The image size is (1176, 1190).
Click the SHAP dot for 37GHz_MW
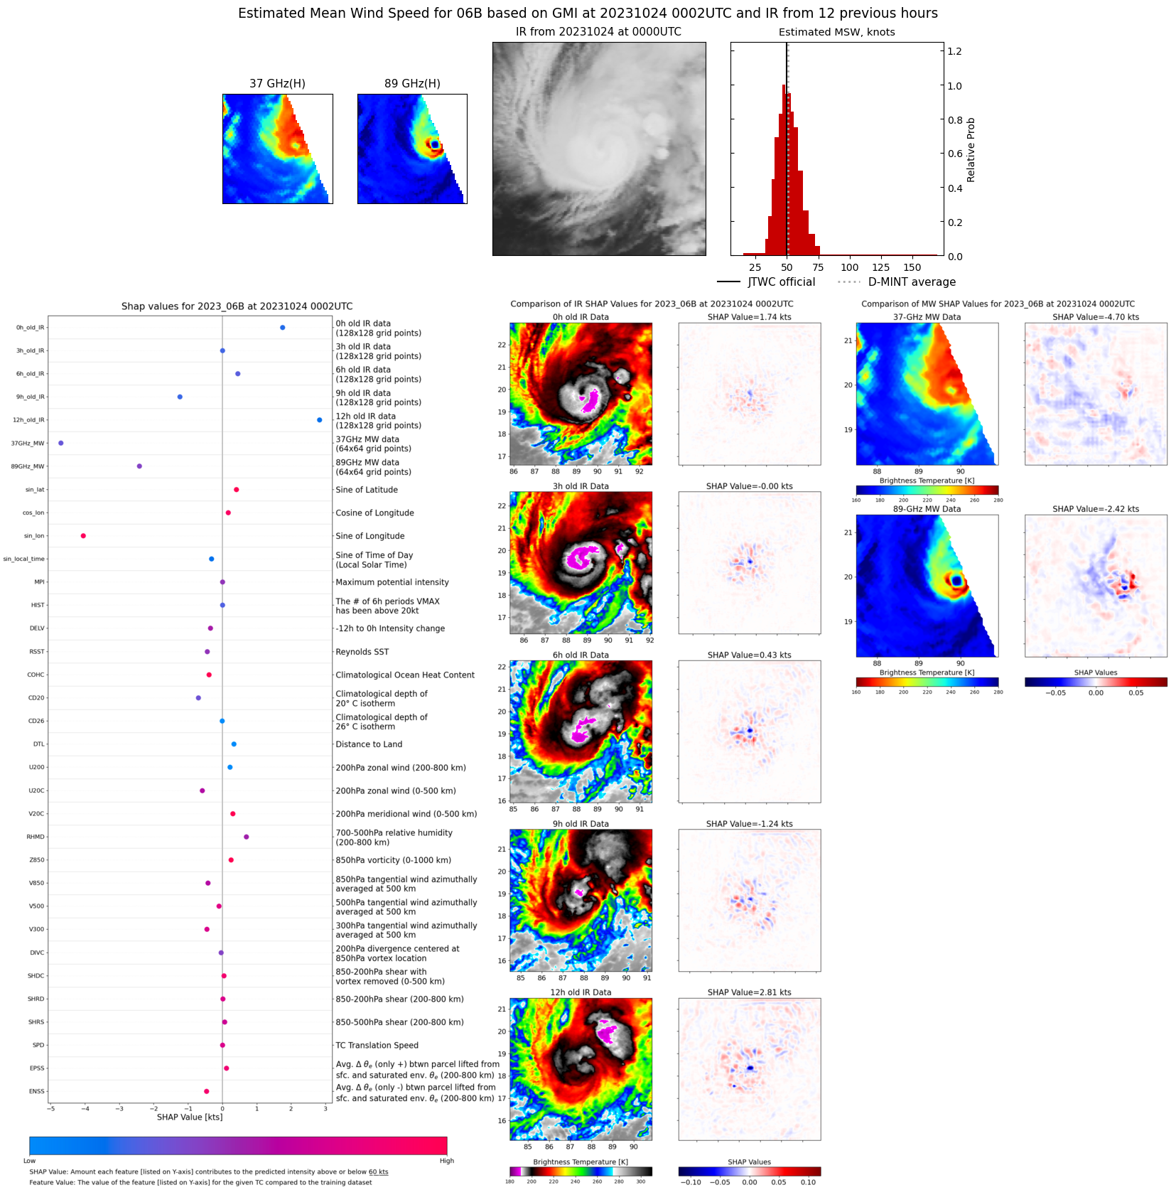(x=61, y=443)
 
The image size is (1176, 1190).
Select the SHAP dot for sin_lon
(x=83, y=536)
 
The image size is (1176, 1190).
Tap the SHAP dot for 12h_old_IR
(x=319, y=420)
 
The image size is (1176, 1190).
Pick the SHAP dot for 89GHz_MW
(x=139, y=466)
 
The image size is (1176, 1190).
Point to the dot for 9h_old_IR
(x=180, y=397)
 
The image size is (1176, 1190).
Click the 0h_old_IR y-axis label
(x=30, y=328)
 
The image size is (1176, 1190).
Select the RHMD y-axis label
(x=36, y=837)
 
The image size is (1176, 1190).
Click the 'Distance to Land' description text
(x=369, y=744)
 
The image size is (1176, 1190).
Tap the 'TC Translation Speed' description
(x=377, y=1045)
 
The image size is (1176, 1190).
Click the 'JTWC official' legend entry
(x=781, y=282)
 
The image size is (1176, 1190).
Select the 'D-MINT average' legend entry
(x=912, y=282)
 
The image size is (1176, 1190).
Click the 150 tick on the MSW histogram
(x=912, y=268)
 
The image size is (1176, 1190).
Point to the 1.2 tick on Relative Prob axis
(x=954, y=51)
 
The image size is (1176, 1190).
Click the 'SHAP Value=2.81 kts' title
(x=749, y=992)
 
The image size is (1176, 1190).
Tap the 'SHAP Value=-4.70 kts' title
(x=1095, y=317)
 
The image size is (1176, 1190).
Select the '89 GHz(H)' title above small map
(x=412, y=84)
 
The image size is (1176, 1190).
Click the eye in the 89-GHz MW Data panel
(x=956, y=581)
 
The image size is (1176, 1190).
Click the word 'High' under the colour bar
(x=446, y=1161)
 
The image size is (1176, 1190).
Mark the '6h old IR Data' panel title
(x=581, y=655)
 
